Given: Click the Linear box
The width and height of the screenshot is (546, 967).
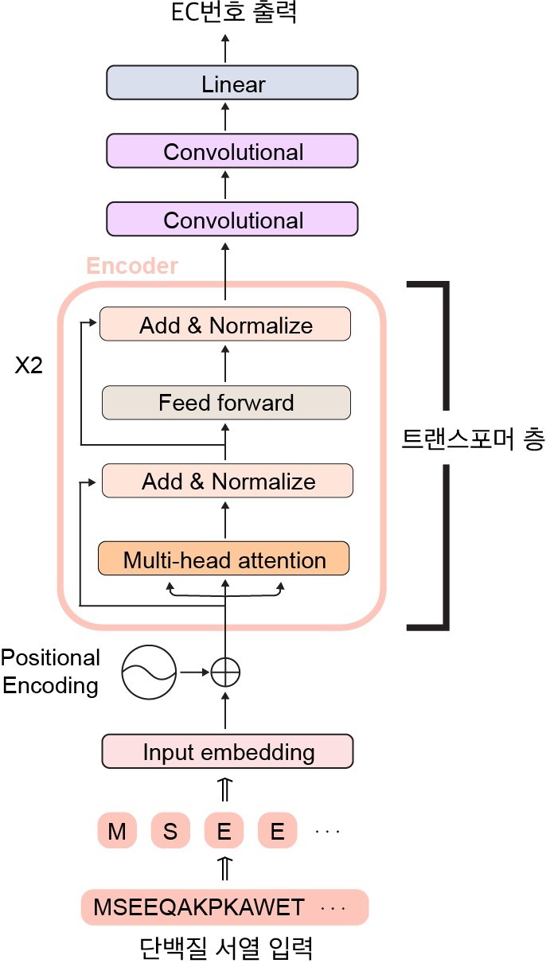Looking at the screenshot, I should click(232, 84).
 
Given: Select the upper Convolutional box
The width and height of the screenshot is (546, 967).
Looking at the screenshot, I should click(232, 151).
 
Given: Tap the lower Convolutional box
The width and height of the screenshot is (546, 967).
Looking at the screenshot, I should click(232, 220).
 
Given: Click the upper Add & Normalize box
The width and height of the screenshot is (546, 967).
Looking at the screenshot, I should click(225, 325).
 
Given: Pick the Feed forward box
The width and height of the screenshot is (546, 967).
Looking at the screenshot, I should click(226, 403).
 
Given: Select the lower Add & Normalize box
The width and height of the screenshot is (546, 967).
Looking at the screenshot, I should click(228, 482).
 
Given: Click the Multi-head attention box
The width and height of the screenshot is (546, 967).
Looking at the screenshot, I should click(224, 560).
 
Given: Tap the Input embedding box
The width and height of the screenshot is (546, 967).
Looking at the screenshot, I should click(228, 751).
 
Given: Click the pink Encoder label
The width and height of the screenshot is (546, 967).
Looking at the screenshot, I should click(131, 266).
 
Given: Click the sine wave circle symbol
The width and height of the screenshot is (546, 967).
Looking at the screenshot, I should click(148, 673).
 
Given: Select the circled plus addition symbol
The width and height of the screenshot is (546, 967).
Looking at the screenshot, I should click(225, 673).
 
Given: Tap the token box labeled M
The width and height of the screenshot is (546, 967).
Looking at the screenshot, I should click(117, 832).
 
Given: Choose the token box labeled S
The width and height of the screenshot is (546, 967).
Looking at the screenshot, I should click(170, 832).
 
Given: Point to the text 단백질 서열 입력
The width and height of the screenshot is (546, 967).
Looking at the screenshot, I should click(225, 948).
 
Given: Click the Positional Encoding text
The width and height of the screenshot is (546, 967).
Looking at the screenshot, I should click(50, 672).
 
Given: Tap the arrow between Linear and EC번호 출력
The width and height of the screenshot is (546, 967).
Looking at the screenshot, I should click(225, 49).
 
